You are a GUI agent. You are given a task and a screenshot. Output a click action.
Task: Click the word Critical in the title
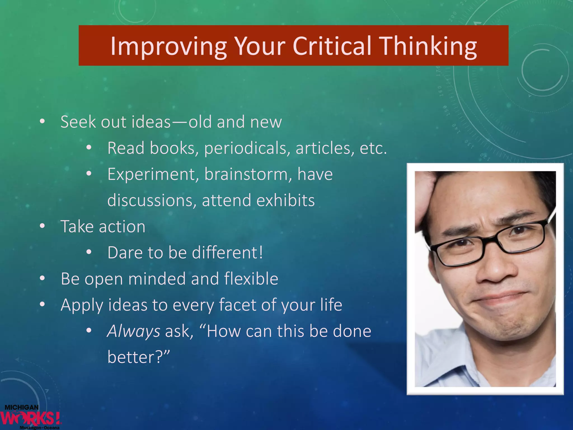tap(332, 46)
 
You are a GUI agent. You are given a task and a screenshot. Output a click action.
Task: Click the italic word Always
tap(133, 331)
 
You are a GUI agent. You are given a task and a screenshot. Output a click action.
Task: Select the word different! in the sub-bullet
tap(227, 253)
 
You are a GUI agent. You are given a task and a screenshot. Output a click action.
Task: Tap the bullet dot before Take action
tap(42, 226)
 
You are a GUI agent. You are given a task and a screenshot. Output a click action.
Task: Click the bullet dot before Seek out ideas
tap(42, 121)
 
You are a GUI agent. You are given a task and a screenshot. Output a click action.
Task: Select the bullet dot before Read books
tap(89, 148)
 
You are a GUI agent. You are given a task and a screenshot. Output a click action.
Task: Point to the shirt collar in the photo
tap(442, 364)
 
